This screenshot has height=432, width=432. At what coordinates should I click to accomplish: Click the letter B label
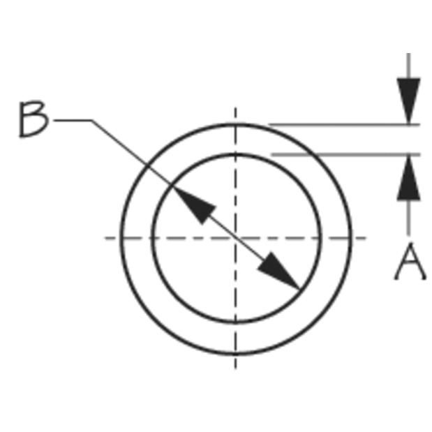[33, 119]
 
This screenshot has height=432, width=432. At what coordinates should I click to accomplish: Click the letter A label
[410, 261]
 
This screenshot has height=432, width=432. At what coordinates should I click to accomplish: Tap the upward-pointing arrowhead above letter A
[408, 178]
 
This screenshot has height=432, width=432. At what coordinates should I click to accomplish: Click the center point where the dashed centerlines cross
[236, 238]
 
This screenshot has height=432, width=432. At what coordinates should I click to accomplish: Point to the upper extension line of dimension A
[344, 125]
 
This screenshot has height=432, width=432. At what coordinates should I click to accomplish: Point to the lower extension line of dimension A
[346, 155]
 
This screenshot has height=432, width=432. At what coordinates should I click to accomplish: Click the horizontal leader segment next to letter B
[73, 120]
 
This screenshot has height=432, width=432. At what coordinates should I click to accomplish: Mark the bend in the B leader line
[92, 121]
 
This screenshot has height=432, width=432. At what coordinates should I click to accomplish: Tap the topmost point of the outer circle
[236, 124]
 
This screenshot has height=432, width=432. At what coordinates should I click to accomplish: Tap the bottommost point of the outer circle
[236, 353]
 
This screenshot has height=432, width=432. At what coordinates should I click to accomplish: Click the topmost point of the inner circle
[236, 154]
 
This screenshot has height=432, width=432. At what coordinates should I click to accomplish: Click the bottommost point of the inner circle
[236, 322]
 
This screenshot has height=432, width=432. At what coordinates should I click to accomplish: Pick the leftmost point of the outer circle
[121, 239]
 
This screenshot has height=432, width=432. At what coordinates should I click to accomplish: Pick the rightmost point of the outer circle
[350, 239]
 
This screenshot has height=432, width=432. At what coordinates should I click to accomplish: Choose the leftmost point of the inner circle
[152, 239]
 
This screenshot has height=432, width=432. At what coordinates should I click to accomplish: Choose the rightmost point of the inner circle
[320, 239]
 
